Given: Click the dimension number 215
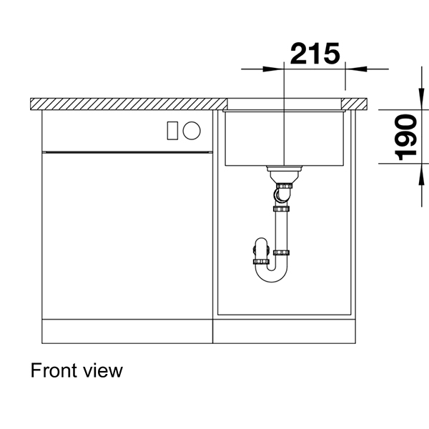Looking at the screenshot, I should coord(315,54).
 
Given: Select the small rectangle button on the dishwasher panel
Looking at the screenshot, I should coord(172,130).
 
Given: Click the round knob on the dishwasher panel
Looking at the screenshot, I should coord(192,130).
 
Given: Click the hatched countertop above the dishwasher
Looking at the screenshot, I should coord(122,104).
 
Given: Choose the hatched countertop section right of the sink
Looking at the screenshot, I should coord(360,104).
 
